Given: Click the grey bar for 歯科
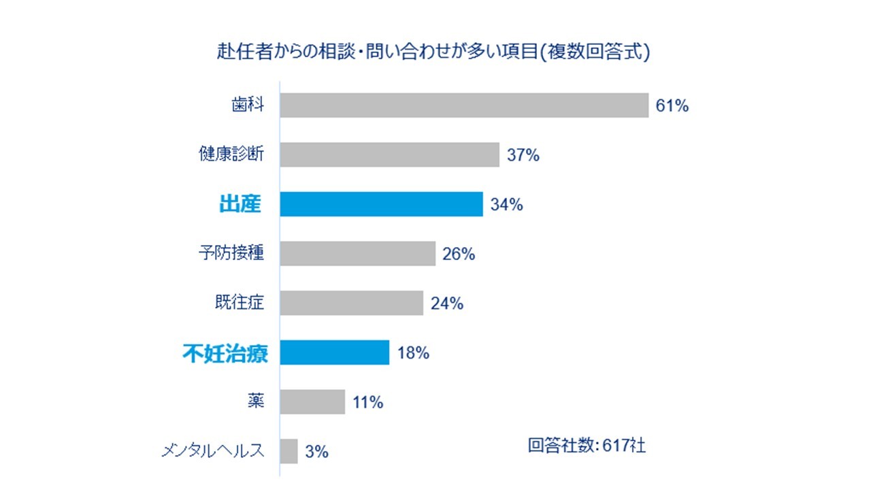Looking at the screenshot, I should point(464,105).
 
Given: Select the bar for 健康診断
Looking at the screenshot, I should point(390,155).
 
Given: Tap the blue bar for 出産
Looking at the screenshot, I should point(381,204).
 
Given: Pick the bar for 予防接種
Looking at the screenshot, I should point(358,254).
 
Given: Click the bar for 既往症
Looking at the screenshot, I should point(352,303).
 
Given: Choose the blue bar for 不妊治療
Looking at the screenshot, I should point(335,353).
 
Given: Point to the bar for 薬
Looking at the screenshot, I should point(312,402).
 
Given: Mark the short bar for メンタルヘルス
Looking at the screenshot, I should point(289,451).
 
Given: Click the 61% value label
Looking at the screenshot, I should point(672,106).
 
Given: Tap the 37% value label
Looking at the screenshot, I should point(523,155).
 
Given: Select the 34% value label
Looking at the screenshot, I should point(506,204).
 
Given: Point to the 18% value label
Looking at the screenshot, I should point(412,353).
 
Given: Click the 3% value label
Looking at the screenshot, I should point(317,452).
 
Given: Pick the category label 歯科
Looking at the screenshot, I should point(245,106).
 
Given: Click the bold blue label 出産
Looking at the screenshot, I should point(240,204).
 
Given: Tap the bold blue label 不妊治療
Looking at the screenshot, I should point(225,353).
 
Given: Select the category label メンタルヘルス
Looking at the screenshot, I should point(212,451).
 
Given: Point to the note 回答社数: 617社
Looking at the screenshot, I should point(586,446).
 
